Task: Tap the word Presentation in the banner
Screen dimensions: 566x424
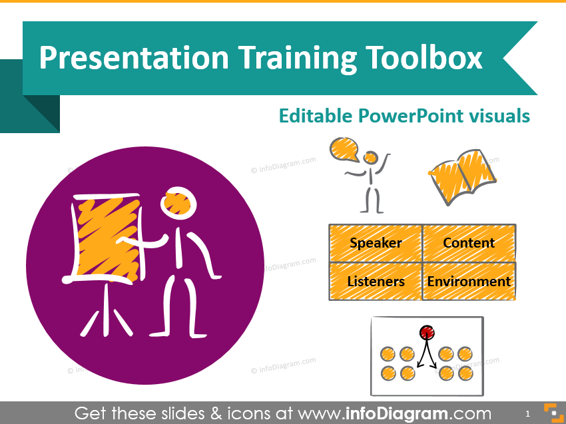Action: pos(134,57)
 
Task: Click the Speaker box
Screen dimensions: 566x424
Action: pos(376,243)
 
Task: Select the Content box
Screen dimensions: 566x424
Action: pos(469,243)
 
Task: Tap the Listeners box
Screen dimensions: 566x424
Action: pos(376,282)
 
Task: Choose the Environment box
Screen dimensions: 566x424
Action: pos(469,282)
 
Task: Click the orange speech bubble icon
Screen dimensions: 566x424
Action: pos(344,148)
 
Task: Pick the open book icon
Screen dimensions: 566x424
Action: pos(462,176)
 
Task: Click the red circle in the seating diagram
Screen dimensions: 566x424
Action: pos(427,332)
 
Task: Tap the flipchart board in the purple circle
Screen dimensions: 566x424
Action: pos(108,239)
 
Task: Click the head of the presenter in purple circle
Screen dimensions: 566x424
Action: pos(178,203)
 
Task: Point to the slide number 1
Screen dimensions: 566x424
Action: pos(528,413)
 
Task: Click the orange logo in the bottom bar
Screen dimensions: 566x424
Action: pos(553,413)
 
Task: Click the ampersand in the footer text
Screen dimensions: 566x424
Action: pos(216,413)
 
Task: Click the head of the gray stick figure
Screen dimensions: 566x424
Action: pos(370,158)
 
